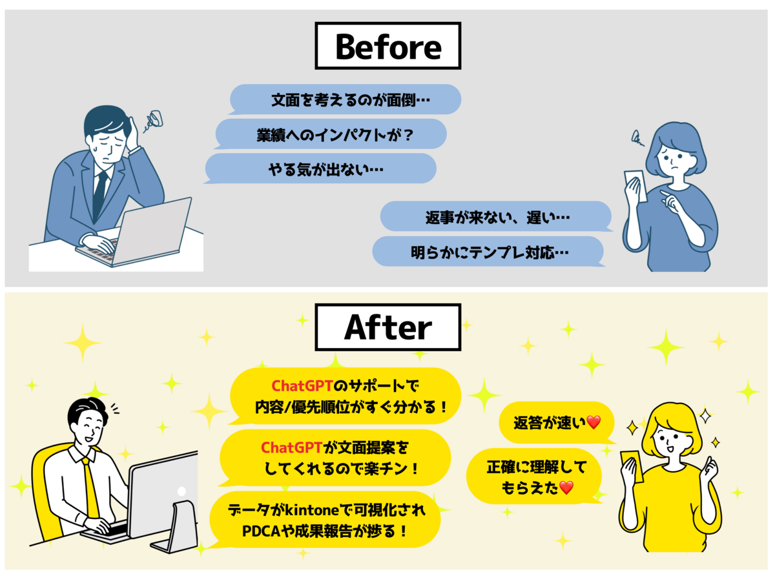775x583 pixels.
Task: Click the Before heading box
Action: coord(387,46)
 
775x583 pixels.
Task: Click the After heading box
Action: coord(387,328)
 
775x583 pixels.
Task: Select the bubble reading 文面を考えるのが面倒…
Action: coord(346,100)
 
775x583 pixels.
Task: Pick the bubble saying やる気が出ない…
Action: coord(321,169)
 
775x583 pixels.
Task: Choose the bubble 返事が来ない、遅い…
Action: coord(496,216)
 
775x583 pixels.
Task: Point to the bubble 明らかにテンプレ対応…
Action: coord(488,251)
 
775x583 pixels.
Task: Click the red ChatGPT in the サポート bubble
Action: coord(302,386)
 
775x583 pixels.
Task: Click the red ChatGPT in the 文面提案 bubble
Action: coord(291,447)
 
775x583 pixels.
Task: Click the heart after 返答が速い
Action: coord(594,423)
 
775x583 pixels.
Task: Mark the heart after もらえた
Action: coord(566,488)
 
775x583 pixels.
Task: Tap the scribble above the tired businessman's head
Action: coord(155,120)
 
